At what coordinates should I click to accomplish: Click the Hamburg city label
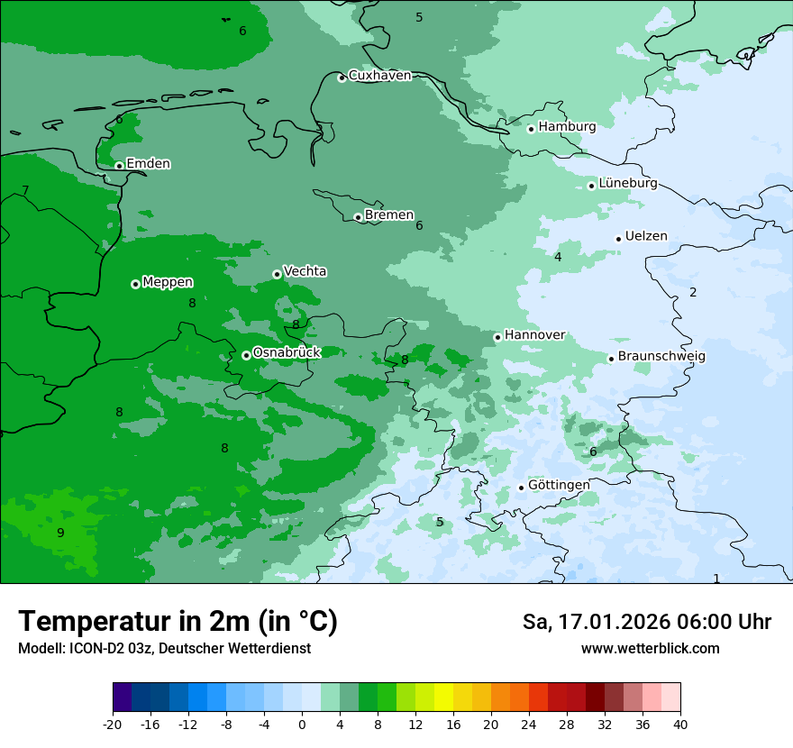tap(567, 127)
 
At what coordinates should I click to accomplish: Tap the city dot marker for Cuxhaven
tap(342, 78)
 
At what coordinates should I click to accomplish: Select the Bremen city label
tap(388, 215)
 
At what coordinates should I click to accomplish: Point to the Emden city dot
tap(119, 166)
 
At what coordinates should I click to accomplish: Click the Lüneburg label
tap(627, 184)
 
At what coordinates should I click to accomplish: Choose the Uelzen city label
tap(646, 237)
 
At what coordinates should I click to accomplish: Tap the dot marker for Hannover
tap(497, 337)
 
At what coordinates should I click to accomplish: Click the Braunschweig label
tap(661, 357)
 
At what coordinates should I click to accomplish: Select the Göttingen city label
tap(559, 486)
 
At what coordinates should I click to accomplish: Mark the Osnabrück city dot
tap(246, 355)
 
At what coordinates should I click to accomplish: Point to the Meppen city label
tap(168, 283)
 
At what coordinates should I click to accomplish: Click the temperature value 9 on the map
tap(60, 533)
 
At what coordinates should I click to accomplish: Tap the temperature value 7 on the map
tap(25, 190)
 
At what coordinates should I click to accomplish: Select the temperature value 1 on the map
tap(716, 579)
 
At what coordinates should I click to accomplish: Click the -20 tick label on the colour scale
tap(113, 725)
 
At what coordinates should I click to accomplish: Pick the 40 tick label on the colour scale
tap(679, 725)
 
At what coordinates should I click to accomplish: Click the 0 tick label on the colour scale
tap(302, 725)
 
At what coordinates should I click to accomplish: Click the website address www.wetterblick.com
tap(650, 649)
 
